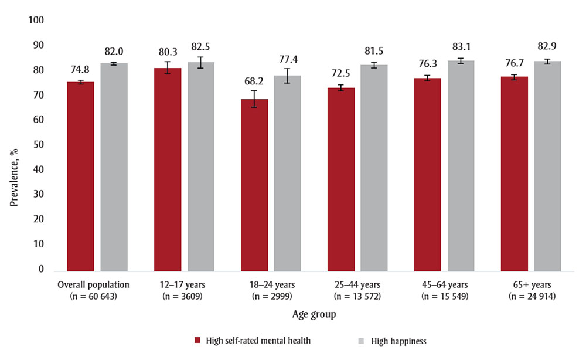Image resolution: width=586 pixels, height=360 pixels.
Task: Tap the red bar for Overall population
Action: pos(80,176)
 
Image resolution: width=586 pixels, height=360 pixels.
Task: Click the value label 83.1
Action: pos(461,46)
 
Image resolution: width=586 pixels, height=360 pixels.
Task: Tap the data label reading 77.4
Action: pos(287,58)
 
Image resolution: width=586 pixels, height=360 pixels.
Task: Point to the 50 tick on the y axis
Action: pos(39,145)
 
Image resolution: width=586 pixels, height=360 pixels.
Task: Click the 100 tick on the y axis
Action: pos(36,21)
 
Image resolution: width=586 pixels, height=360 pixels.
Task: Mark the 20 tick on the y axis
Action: pos(39,219)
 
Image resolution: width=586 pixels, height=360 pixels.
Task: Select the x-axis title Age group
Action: pos(314,314)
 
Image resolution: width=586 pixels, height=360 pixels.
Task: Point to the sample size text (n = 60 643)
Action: pos(93,297)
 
